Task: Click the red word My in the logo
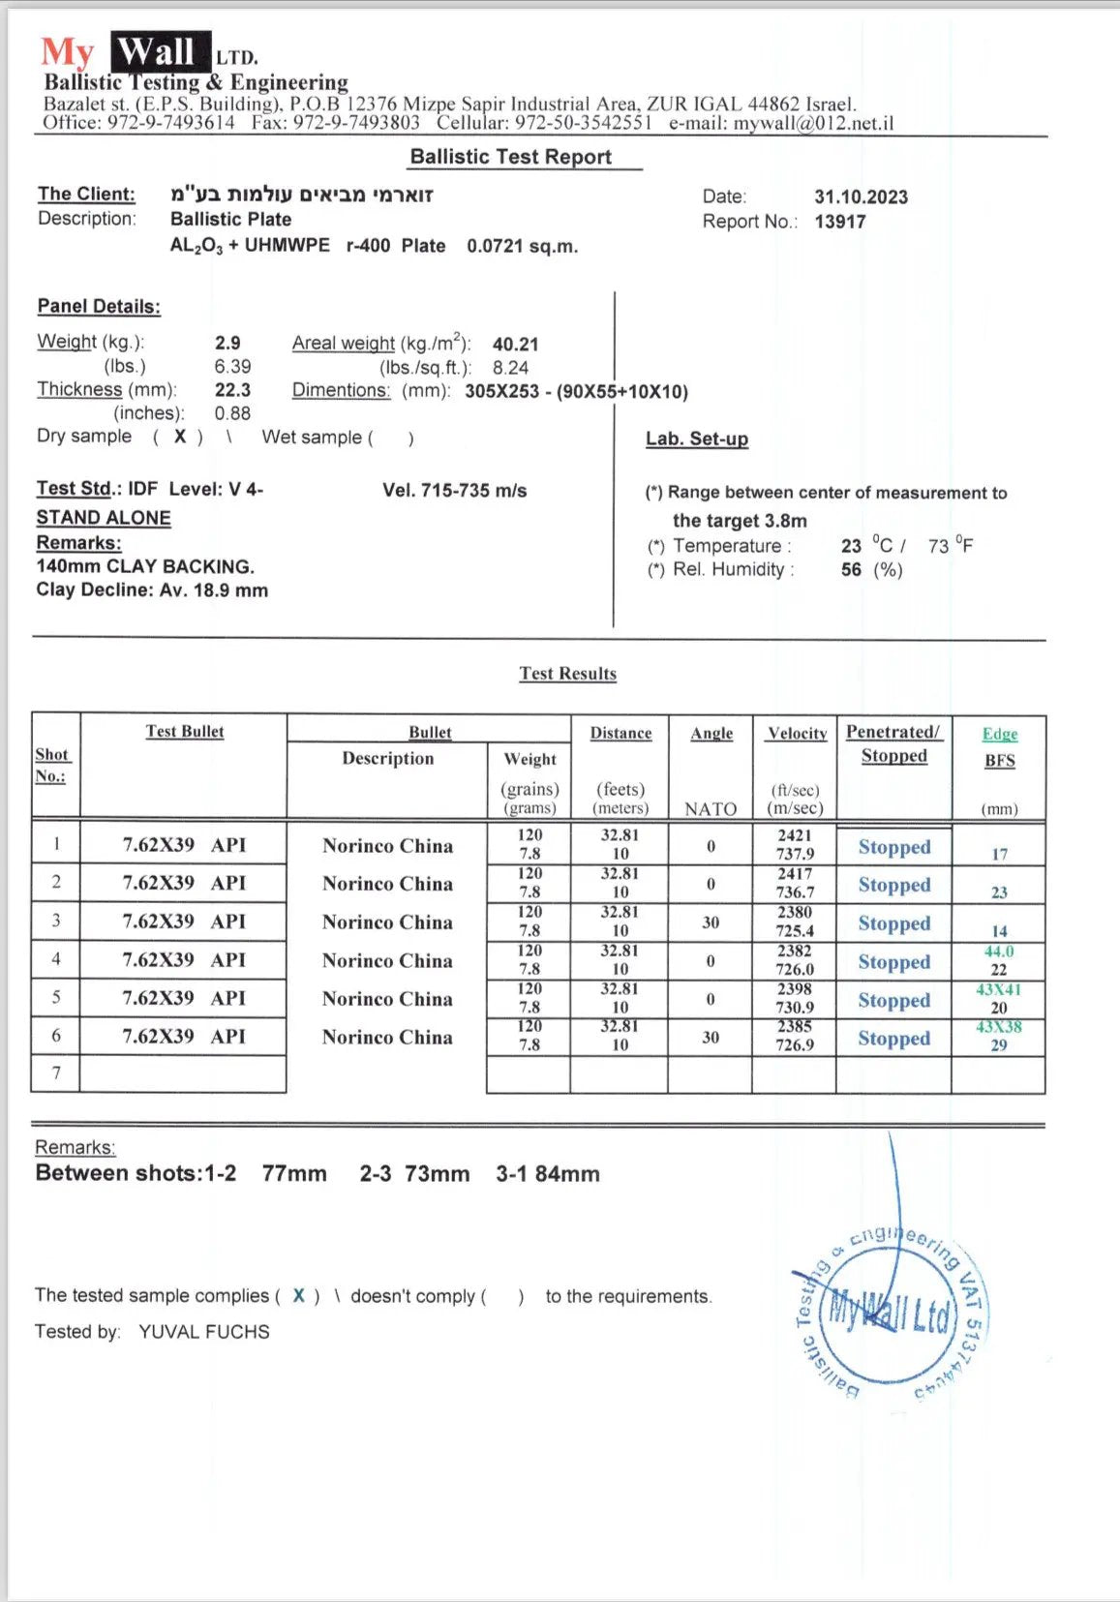click(67, 52)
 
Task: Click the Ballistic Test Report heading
click(510, 157)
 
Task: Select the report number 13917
click(840, 222)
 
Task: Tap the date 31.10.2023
click(861, 196)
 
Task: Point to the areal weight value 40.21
click(515, 344)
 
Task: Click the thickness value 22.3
click(232, 389)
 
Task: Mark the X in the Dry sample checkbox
click(180, 437)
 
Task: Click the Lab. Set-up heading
click(697, 438)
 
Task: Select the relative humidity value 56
click(851, 569)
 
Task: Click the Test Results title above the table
click(567, 674)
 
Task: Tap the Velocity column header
click(797, 733)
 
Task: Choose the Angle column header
click(711, 733)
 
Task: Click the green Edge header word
click(1000, 734)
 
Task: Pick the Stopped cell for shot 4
click(893, 962)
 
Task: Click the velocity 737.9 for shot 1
click(795, 854)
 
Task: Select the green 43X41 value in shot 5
click(998, 989)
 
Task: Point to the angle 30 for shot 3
click(711, 922)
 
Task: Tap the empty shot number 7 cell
click(56, 1073)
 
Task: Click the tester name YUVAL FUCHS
click(204, 1332)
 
